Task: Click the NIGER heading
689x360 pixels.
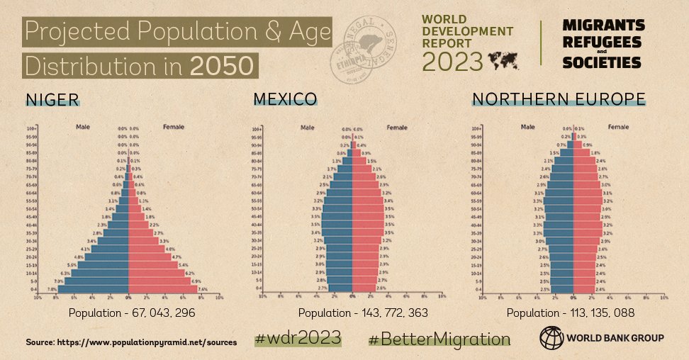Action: (52, 99)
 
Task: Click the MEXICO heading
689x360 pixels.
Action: (285, 99)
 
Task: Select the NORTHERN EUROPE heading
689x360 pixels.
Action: (559, 99)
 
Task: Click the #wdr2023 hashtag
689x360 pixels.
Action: (298, 337)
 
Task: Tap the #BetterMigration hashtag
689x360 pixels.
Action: (439, 339)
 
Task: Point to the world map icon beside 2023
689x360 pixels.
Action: (505, 61)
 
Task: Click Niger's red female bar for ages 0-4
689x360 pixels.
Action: (163, 289)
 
